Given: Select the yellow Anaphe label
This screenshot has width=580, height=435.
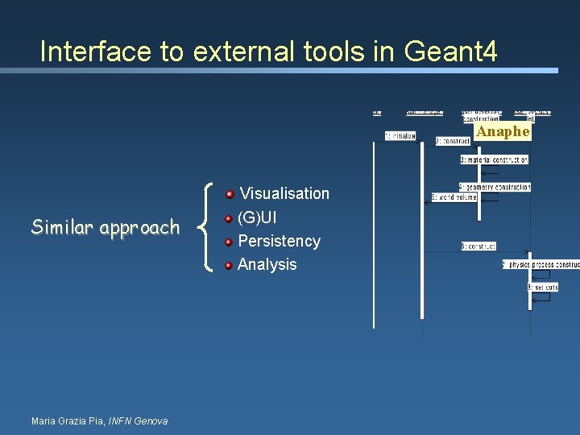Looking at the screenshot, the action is click(x=503, y=131).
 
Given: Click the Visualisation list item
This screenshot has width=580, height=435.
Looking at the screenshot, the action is click(x=284, y=193).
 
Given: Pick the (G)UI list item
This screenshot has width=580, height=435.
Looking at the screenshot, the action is click(x=258, y=217).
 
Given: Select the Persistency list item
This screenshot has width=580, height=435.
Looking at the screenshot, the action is click(x=279, y=241).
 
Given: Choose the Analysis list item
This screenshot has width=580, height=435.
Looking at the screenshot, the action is click(x=267, y=264).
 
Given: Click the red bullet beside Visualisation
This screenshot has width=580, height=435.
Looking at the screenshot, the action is click(x=230, y=194).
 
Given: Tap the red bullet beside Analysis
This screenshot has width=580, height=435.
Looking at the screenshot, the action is click(x=230, y=265).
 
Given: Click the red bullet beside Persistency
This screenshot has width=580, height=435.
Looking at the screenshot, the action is click(x=230, y=242).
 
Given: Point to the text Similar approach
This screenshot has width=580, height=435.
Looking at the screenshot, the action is click(x=106, y=227).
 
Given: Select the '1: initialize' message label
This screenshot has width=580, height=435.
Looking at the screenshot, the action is click(x=400, y=136).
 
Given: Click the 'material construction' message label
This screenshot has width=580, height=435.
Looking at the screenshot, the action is click(x=494, y=159).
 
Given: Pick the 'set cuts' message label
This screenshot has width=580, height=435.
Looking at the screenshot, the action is click(x=542, y=287).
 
